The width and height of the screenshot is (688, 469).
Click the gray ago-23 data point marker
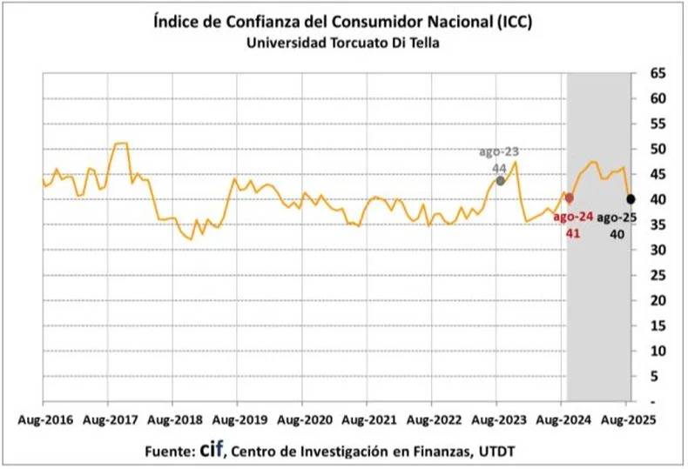tap(500, 180)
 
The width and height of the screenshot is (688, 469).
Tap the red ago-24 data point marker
tap(569, 198)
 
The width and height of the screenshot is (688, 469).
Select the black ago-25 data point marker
tap(631, 198)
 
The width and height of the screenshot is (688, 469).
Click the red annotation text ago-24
tap(573, 216)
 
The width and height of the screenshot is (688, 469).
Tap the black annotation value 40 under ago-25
tap(617, 233)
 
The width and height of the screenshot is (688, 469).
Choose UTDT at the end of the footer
tap(503, 452)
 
